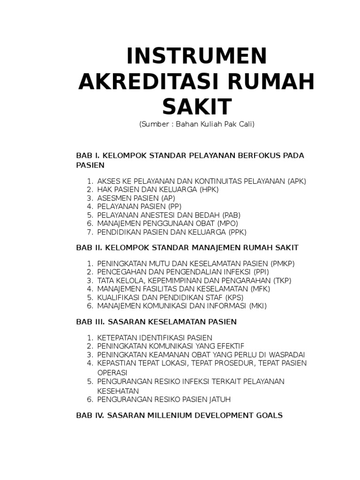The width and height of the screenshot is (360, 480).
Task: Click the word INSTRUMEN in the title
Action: [197, 57]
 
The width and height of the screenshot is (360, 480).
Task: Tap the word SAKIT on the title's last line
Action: [197, 106]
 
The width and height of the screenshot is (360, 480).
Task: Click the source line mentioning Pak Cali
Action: [197, 125]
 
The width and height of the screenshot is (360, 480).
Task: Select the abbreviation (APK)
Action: [297, 181]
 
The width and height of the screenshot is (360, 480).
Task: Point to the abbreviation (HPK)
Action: [209, 189]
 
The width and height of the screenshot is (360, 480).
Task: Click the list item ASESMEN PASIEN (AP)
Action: [136, 198]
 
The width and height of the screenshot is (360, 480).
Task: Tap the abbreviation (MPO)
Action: [227, 223]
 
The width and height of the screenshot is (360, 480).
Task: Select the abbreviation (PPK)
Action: [237, 232]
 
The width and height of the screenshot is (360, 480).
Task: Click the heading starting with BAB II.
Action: [187, 247]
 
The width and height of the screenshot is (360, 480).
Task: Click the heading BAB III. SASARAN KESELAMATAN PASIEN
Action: [156, 322]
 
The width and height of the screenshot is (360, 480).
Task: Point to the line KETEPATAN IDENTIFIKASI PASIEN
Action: [155, 337]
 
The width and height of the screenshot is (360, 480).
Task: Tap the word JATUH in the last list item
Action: [219, 399]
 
